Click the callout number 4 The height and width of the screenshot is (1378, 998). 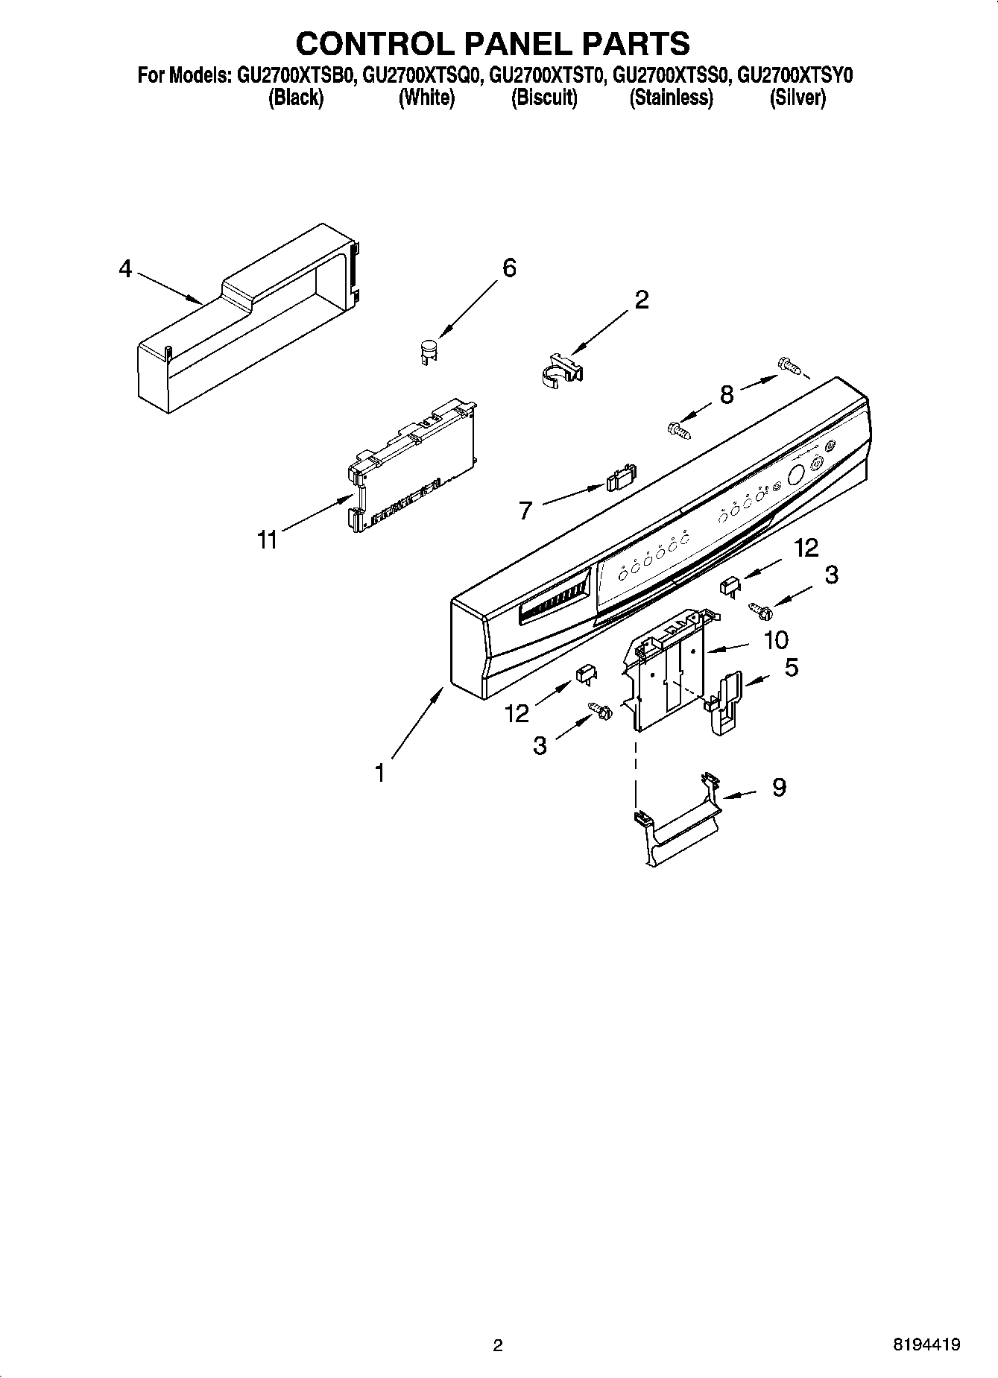(x=125, y=268)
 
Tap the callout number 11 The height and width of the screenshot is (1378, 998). (x=267, y=539)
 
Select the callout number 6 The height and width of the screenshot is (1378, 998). (x=509, y=268)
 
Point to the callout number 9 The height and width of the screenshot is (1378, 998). (x=779, y=787)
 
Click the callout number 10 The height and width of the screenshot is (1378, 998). (x=776, y=639)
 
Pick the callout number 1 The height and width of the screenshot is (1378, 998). (x=380, y=774)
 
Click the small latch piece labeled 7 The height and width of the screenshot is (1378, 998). (x=622, y=478)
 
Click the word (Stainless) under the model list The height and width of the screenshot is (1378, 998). (x=671, y=98)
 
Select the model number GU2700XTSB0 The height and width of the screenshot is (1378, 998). (x=294, y=75)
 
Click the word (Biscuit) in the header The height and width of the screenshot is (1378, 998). (x=544, y=98)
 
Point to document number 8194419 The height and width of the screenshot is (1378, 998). (x=927, y=1345)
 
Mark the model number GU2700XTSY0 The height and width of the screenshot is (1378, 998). (x=795, y=75)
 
